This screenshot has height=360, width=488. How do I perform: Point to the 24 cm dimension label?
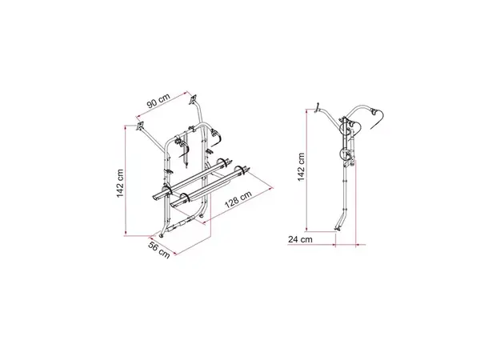[301, 239]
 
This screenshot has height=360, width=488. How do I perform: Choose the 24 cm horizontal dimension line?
[320, 239]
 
